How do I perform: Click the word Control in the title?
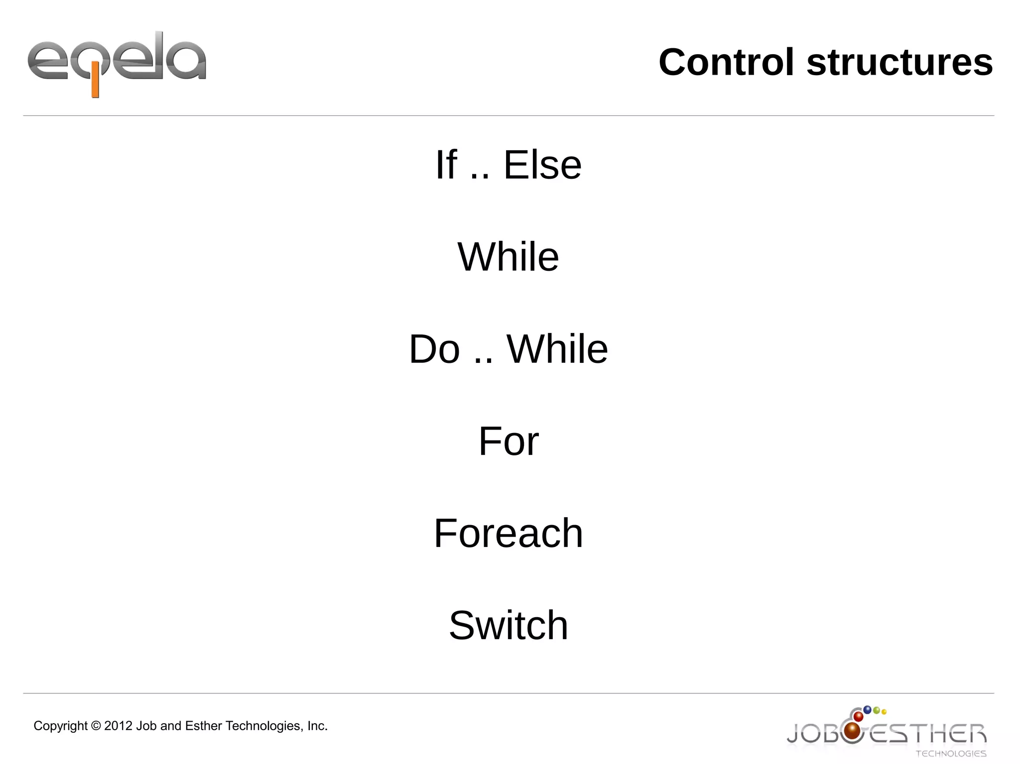point(726,62)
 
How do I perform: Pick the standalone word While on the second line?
point(508,257)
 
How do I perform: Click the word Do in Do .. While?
point(434,349)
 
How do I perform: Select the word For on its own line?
point(508,441)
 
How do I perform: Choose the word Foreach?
point(508,533)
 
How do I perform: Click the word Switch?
point(508,625)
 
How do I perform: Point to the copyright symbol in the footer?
point(96,726)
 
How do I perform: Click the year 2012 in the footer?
point(118,726)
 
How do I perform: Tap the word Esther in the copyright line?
point(203,726)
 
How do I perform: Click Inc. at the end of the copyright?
point(317,726)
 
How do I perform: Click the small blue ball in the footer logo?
point(867,710)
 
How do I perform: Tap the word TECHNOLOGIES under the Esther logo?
point(951,754)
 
